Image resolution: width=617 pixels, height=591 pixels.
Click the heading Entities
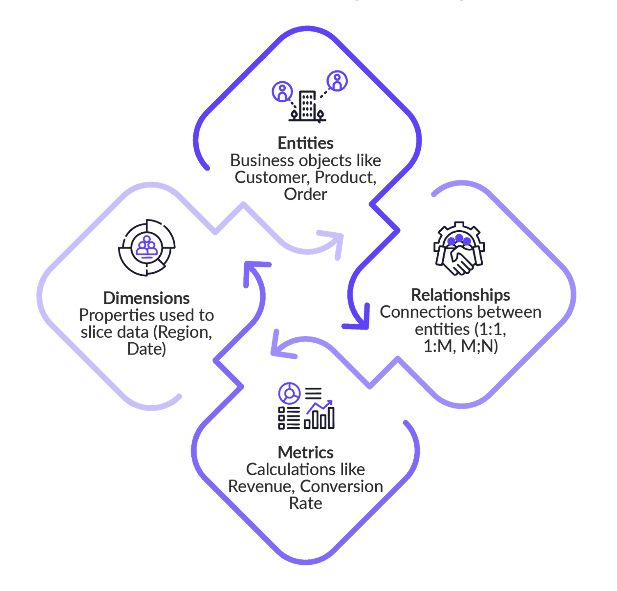pyautogui.click(x=305, y=143)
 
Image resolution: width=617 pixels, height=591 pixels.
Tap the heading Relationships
pyautogui.click(x=460, y=295)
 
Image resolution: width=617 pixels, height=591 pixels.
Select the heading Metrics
pyautogui.click(x=305, y=453)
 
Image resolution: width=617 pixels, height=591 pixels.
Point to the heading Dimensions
pyautogui.click(x=146, y=298)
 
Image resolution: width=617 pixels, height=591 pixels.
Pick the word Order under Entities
pyautogui.click(x=305, y=195)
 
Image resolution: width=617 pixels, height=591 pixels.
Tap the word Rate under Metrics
pyautogui.click(x=305, y=504)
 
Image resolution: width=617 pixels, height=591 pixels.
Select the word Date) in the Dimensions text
pyautogui.click(x=146, y=349)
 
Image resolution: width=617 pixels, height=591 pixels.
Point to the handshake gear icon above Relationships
pyautogui.click(x=459, y=249)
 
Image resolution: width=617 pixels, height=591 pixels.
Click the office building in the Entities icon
pyautogui.click(x=307, y=105)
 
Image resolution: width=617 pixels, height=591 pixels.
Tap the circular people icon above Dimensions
pyautogui.click(x=147, y=247)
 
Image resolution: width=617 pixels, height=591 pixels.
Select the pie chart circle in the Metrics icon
pyautogui.click(x=289, y=393)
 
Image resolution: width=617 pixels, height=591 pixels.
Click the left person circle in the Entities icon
pyautogui.click(x=282, y=91)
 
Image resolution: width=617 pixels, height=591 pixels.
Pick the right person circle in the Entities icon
pyautogui.click(x=337, y=81)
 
